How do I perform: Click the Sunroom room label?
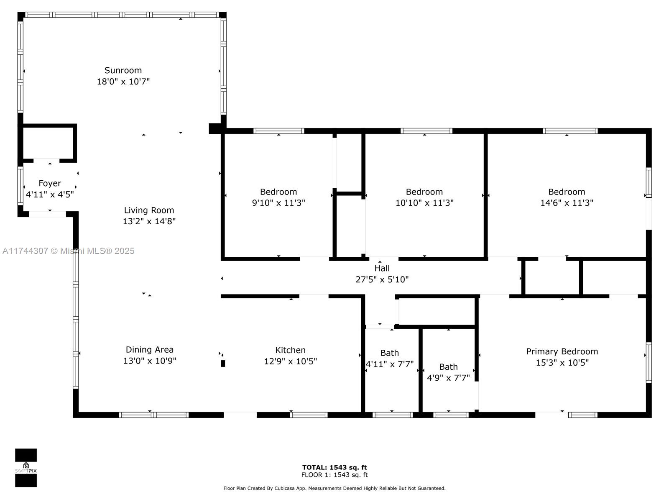(123, 70)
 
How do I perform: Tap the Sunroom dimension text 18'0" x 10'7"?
(123, 82)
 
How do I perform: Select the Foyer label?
(50, 184)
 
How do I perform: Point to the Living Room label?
(149, 210)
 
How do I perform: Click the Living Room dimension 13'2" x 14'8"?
(149, 221)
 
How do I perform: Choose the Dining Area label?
(150, 350)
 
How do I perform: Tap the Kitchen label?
(291, 350)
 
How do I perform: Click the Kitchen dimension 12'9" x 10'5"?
(291, 361)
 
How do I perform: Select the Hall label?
(382, 268)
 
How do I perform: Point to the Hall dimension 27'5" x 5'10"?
(382, 279)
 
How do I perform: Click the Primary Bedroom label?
(562, 351)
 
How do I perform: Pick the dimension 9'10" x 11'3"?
(278, 203)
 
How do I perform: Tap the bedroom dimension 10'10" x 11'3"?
(424, 203)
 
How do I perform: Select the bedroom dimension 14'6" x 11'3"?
(567, 203)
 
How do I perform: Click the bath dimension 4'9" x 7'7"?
(448, 378)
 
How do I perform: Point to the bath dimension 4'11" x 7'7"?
(390, 364)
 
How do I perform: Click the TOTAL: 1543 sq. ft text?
(334, 467)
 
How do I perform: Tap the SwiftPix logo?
(26, 468)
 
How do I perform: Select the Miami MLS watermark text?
(68, 251)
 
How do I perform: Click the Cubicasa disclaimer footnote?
(334, 488)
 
